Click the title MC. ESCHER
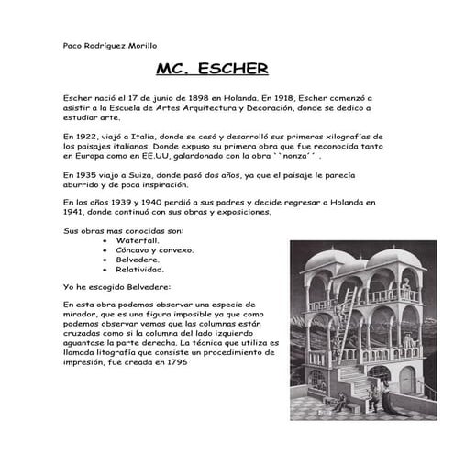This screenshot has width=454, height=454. click(x=212, y=68)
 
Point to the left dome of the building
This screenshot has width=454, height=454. click(x=328, y=260)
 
